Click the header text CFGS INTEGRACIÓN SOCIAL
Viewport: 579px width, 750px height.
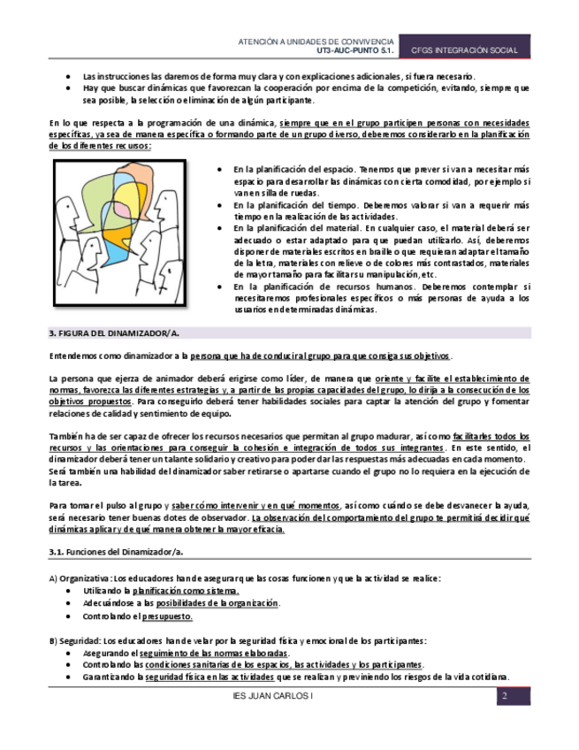point(464,51)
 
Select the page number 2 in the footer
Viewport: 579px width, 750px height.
point(503,697)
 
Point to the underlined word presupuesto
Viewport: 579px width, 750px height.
point(167,616)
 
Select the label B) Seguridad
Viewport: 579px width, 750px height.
point(74,640)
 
